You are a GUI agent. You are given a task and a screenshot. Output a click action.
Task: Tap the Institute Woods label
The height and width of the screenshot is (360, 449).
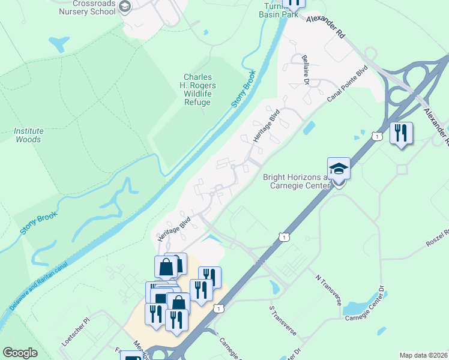28,135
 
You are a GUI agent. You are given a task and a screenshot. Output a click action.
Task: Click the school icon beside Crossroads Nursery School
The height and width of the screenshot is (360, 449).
125,7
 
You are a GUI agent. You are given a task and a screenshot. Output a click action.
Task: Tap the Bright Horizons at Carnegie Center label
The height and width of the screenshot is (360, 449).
297,181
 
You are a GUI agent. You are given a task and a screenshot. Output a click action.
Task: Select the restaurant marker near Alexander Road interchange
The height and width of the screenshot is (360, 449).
401,132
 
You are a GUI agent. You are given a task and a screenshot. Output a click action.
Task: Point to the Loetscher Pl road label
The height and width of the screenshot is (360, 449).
75,332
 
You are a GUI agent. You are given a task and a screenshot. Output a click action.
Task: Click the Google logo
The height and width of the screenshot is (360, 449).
20,353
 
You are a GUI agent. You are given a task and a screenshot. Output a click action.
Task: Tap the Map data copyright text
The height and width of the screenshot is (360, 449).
423,355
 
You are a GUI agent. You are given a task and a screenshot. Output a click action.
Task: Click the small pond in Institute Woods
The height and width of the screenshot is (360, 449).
59,43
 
